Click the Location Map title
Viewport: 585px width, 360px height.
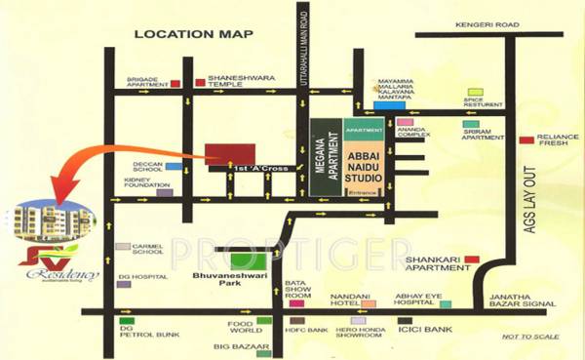coord(193,35)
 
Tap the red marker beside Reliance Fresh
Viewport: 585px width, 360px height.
coord(527,140)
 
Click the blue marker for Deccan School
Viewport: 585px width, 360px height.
coord(174,167)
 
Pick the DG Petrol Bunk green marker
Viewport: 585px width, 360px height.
coord(126,321)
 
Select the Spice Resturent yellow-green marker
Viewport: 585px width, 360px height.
coord(476,93)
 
